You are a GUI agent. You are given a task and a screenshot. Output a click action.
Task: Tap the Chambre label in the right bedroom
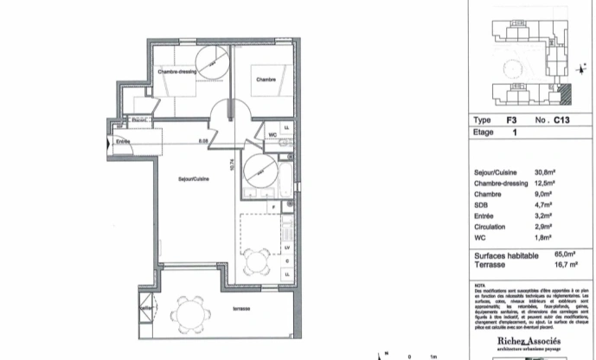click(266, 80)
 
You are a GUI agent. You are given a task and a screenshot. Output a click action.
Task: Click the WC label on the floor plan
click(272, 135)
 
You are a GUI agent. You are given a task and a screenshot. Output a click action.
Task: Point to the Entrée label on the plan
click(123, 141)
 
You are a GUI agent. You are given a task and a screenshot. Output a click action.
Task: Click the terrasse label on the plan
click(229, 308)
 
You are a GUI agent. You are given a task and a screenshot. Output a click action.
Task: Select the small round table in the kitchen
click(254, 258)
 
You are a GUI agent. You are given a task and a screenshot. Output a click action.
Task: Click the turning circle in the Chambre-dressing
click(211, 61)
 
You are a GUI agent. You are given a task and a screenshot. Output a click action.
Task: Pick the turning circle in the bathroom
click(259, 165)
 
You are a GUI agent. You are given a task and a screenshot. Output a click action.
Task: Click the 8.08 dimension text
click(204, 141)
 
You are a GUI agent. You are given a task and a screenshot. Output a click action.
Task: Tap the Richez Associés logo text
click(528, 343)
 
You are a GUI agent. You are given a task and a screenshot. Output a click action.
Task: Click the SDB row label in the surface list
click(483, 208)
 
